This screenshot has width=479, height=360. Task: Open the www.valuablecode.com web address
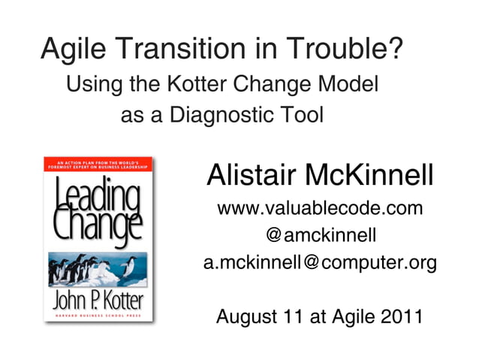(319, 208)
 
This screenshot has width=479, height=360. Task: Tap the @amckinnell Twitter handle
(319, 236)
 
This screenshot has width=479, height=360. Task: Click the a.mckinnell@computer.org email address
(319, 264)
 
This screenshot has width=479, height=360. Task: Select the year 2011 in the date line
(396, 316)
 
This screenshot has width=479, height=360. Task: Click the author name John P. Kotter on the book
(95, 301)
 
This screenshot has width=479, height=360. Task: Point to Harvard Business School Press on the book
(95, 317)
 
